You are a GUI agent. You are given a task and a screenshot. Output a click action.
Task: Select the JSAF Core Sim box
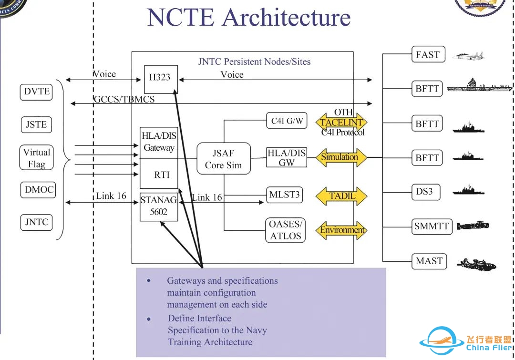click(x=224, y=159)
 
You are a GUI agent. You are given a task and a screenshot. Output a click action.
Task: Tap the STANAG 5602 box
click(x=159, y=206)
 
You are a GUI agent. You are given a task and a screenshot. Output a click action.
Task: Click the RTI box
click(x=162, y=175)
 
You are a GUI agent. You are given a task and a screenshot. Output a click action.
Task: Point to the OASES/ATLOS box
click(x=286, y=230)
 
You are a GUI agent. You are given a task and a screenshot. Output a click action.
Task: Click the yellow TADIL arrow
click(x=342, y=196)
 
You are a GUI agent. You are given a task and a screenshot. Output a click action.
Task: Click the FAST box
click(x=427, y=54)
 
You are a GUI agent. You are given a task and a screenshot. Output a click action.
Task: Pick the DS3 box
click(x=424, y=192)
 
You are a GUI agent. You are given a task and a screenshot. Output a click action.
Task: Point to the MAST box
click(x=429, y=261)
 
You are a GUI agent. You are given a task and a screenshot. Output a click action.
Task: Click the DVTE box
click(x=36, y=92)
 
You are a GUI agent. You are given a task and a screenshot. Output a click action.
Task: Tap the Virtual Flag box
click(x=37, y=158)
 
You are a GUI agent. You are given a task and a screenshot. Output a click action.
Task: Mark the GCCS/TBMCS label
click(x=124, y=100)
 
